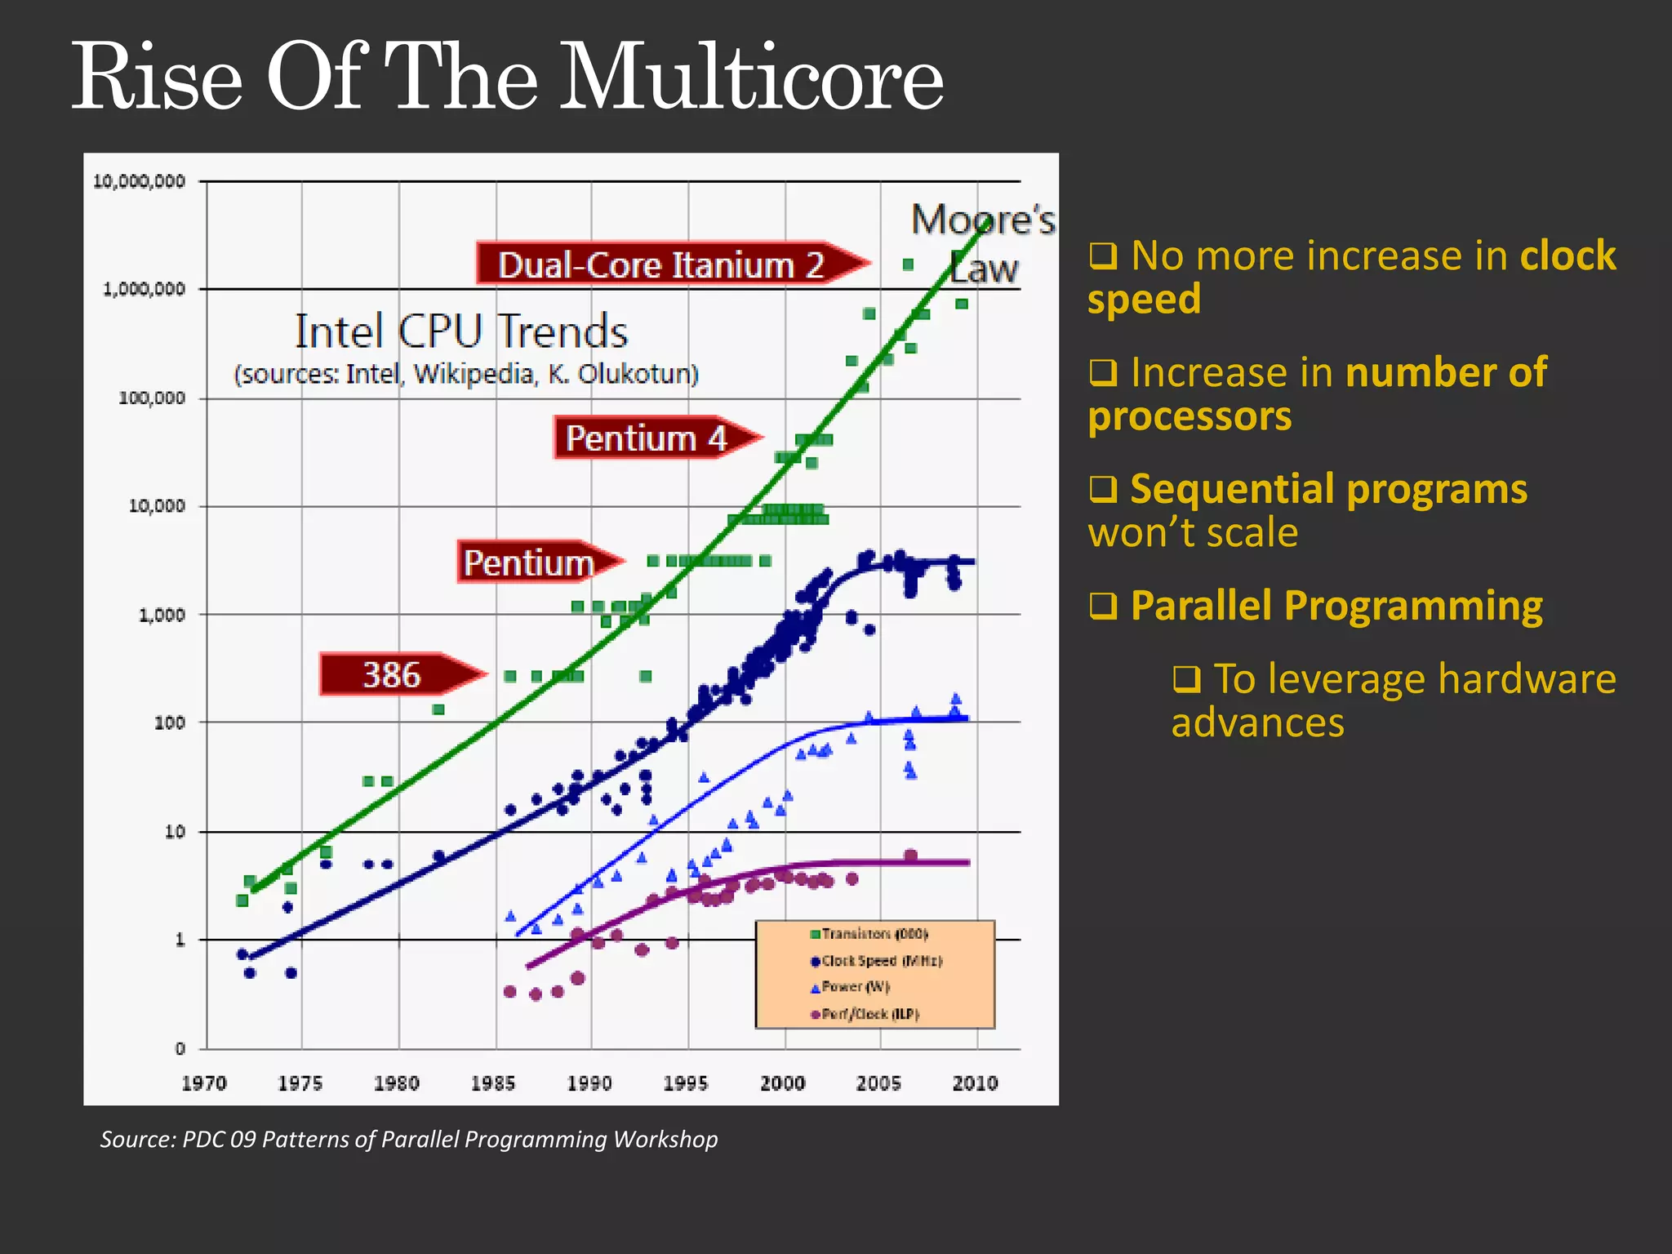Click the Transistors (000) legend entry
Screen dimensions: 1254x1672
click(869, 933)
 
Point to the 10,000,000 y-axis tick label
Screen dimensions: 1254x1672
click(139, 181)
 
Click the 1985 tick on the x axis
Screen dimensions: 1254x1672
click(493, 1083)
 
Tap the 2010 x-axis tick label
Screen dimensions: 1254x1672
click(975, 1083)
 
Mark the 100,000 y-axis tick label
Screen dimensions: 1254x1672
click(152, 398)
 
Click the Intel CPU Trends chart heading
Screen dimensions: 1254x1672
click(461, 331)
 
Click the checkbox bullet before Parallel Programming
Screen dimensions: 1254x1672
click(1103, 606)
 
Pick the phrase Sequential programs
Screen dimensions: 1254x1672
click(1328, 489)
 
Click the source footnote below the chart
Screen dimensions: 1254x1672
click(409, 1139)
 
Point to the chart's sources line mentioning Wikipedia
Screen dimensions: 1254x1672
click(466, 374)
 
